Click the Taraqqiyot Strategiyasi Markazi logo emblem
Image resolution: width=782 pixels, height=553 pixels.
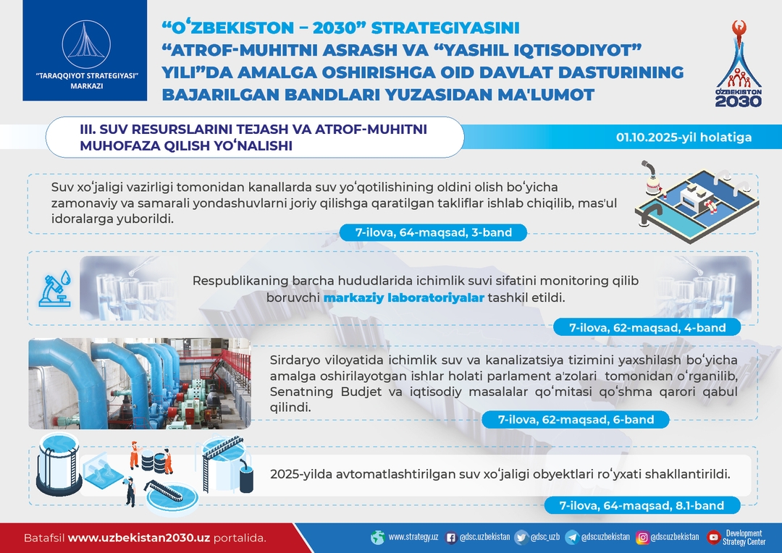click(86, 46)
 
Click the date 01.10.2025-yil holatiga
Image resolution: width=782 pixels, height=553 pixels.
click(684, 137)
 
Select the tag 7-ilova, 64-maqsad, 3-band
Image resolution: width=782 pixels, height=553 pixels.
click(433, 232)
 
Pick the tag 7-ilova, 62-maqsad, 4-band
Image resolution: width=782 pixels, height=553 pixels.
click(647, 328)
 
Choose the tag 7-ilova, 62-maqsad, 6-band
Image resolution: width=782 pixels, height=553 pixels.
click(576, 419)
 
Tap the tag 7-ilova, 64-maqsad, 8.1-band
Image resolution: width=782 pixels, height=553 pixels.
click(642, 505)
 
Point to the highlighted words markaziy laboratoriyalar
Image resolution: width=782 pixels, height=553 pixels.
click(403, 297)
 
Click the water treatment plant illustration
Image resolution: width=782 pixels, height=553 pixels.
click(697, 201)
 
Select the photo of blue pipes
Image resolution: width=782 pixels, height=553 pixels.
click(140, 384)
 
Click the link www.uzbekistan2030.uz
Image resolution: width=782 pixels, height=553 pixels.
click(138, 538)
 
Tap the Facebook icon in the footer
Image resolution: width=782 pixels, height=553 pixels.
click(451, 538)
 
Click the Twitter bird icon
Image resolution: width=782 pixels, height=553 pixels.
click(521, 538)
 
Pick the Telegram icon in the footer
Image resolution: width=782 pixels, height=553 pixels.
click(572, 538)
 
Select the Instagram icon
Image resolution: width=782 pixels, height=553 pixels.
click(642, 538)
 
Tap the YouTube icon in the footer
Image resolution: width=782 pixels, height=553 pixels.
click(714, 538)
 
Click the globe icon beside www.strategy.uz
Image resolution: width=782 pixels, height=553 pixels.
click(378, 538)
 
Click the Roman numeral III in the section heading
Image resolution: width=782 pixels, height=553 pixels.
click(86, 129)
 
